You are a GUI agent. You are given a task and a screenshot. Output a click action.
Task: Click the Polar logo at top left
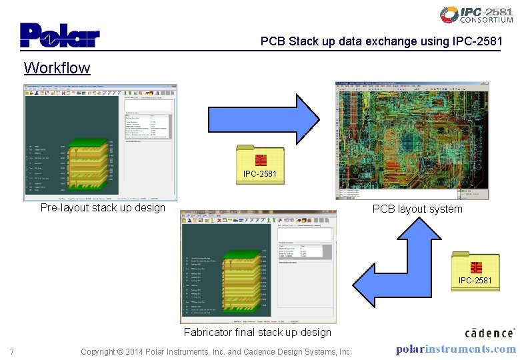(60, 36)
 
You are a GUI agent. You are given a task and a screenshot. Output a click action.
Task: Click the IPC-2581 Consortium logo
(476, 15)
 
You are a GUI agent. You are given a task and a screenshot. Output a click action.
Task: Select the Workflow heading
(57, 67)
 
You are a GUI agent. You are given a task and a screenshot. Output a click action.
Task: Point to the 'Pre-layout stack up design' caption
(103, 207)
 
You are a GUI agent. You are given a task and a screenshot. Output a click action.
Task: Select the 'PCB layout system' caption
(417, 209)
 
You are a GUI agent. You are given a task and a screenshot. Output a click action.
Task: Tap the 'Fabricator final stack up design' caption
(257, 332)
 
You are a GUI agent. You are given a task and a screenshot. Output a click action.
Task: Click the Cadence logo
(489, 332)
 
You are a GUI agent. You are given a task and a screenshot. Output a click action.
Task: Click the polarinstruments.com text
(455, 349)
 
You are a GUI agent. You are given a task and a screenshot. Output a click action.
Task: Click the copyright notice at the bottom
(215, 351)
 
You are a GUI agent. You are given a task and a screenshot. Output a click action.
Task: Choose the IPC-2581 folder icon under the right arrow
(260, 164)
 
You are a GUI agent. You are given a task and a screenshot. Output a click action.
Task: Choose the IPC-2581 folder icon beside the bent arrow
(475, 270)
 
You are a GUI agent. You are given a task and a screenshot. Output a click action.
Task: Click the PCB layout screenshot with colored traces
(411, 140)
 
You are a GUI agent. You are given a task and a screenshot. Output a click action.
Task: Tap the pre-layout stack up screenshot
(101, 142)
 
